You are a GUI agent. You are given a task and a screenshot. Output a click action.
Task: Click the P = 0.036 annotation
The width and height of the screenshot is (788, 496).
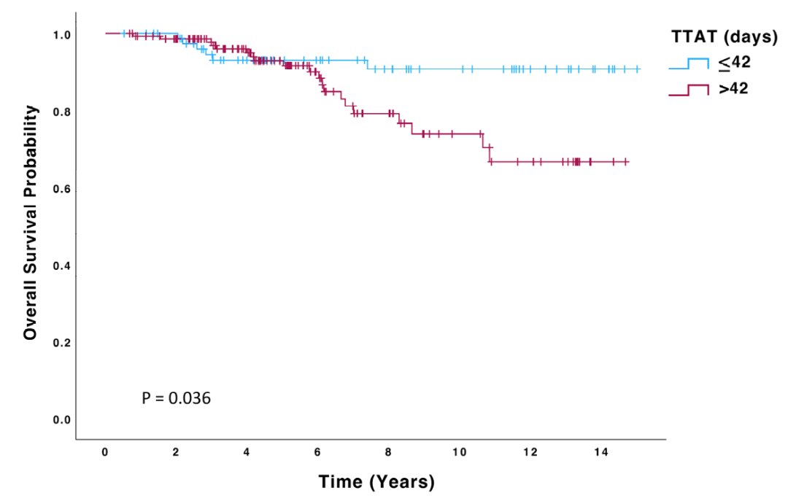point(177,398)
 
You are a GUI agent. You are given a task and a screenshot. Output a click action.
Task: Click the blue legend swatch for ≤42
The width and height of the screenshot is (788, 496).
point(689,63)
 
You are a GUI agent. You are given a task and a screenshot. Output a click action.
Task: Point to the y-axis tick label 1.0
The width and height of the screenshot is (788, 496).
point(62,35)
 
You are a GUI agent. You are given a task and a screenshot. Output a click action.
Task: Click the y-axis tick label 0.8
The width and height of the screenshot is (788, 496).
point(62,112)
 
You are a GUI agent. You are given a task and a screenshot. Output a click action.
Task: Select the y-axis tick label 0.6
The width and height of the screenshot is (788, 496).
point(62,190)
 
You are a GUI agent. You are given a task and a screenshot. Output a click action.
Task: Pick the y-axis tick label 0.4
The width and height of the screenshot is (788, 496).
point(62,266)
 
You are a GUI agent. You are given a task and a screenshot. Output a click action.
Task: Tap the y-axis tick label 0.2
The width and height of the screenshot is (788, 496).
point(62,343)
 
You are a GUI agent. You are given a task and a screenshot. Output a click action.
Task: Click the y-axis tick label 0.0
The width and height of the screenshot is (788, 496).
point(62,420)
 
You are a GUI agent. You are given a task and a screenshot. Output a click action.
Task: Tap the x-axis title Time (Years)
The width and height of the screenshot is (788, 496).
point(376,481)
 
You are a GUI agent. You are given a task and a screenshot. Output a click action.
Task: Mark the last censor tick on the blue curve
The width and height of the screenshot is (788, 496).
point(638,69)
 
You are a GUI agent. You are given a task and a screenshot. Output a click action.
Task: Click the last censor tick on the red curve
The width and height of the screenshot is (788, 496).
point(626,161)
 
